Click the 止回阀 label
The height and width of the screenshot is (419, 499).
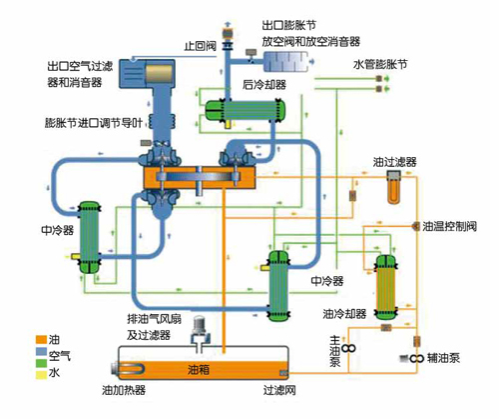(x=201, y=45)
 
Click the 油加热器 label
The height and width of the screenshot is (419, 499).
(x=124, y=390)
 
